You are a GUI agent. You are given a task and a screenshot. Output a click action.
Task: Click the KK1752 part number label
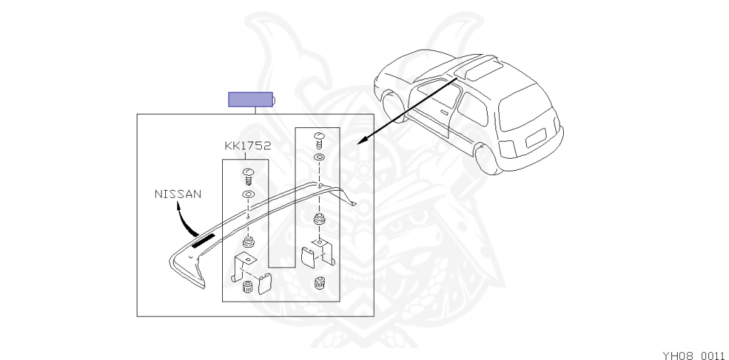248,146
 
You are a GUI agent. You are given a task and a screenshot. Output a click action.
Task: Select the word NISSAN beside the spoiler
178,193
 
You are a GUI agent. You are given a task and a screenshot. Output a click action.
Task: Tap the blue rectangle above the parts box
250,100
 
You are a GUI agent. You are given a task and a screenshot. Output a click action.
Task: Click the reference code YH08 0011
693,354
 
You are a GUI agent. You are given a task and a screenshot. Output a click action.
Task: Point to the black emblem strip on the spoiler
202,239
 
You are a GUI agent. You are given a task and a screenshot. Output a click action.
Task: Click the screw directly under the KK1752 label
248,174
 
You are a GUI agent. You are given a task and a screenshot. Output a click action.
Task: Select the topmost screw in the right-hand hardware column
319,138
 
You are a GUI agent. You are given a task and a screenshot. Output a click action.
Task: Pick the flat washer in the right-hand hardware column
319,157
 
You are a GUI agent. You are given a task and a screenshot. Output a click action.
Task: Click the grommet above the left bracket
248,243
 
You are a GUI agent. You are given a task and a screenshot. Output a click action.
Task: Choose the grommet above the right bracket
319,218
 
